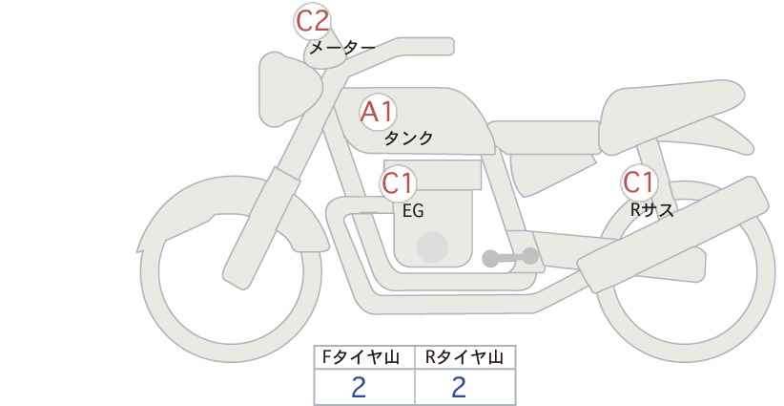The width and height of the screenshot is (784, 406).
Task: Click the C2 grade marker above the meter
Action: click(312, 21)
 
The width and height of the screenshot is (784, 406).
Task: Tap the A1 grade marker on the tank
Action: click(378, 112)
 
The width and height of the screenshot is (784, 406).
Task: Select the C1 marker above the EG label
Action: click(398, 183)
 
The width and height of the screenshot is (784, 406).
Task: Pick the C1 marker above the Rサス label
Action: click(639, 182)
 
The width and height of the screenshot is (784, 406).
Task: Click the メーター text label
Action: click(342, 48)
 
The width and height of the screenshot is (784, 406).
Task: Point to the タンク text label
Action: click(408, 138)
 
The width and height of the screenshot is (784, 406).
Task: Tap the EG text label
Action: click(413, 211)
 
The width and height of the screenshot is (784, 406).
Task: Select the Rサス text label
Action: click(651, 210)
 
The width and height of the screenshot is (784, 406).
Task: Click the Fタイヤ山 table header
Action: click(361, 357)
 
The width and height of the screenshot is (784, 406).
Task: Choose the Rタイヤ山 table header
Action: click(464, 357)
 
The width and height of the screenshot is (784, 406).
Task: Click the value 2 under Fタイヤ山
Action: click(359, 387)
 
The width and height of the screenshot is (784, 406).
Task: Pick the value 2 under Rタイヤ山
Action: click(459, 387)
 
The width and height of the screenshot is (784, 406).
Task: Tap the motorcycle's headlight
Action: click(288, 90)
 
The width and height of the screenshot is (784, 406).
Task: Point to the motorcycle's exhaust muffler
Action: click(673, 234)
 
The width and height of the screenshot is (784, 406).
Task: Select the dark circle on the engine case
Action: click(432, 246)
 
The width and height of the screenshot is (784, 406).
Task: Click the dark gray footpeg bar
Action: click(510, 257)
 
